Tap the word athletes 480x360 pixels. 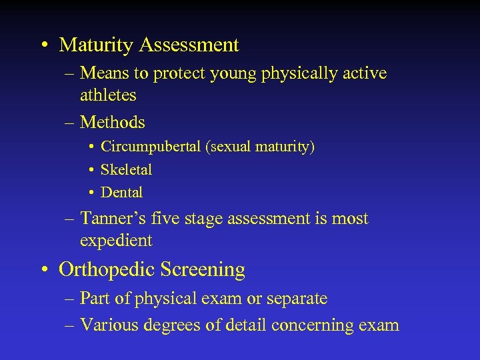[108, 95]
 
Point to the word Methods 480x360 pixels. [112, 122]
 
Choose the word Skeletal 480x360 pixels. [126, 170]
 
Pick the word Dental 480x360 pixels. [121, 193]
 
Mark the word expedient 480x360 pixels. [116, 241]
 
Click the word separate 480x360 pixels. [297, 299]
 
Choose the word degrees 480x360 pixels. [169, 325]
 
